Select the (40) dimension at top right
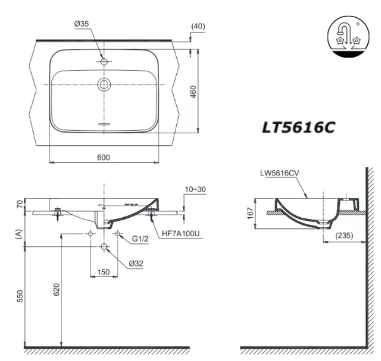tap(198, 26)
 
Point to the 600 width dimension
tap(103, 157)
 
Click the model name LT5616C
tap(298, 127)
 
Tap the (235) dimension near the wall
tap(344, 237)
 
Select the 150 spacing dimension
tap(103, 272)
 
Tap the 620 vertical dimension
tap(57, 289)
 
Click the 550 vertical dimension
tap(19, 296)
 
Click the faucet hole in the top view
tap(104, 62)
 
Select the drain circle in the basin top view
tap(104, 84)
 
